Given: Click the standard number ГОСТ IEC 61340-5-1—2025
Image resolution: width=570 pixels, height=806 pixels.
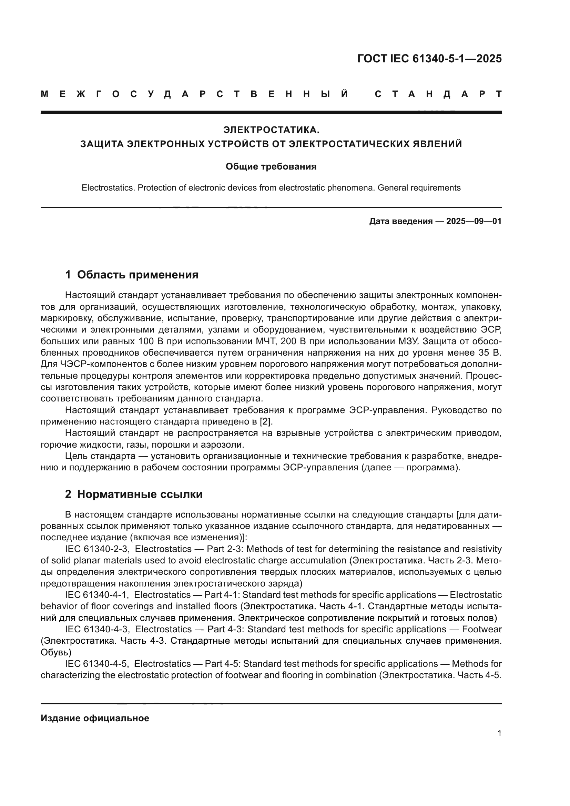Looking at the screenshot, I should [x=429, y=59].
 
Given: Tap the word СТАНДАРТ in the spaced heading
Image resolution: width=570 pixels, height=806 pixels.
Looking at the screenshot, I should [x=438, y=94].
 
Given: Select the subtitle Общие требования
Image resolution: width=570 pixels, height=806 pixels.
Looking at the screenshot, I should [x=271, y=166].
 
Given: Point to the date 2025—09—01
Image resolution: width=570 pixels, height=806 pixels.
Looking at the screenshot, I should [x=474, y=221].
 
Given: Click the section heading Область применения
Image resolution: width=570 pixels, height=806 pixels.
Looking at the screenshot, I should [x=138, y=275].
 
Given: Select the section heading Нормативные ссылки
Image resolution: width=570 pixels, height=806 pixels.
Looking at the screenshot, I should [x=140, y=494].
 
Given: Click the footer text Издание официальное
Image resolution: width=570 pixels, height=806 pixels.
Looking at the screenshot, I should [x=95, y=718].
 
